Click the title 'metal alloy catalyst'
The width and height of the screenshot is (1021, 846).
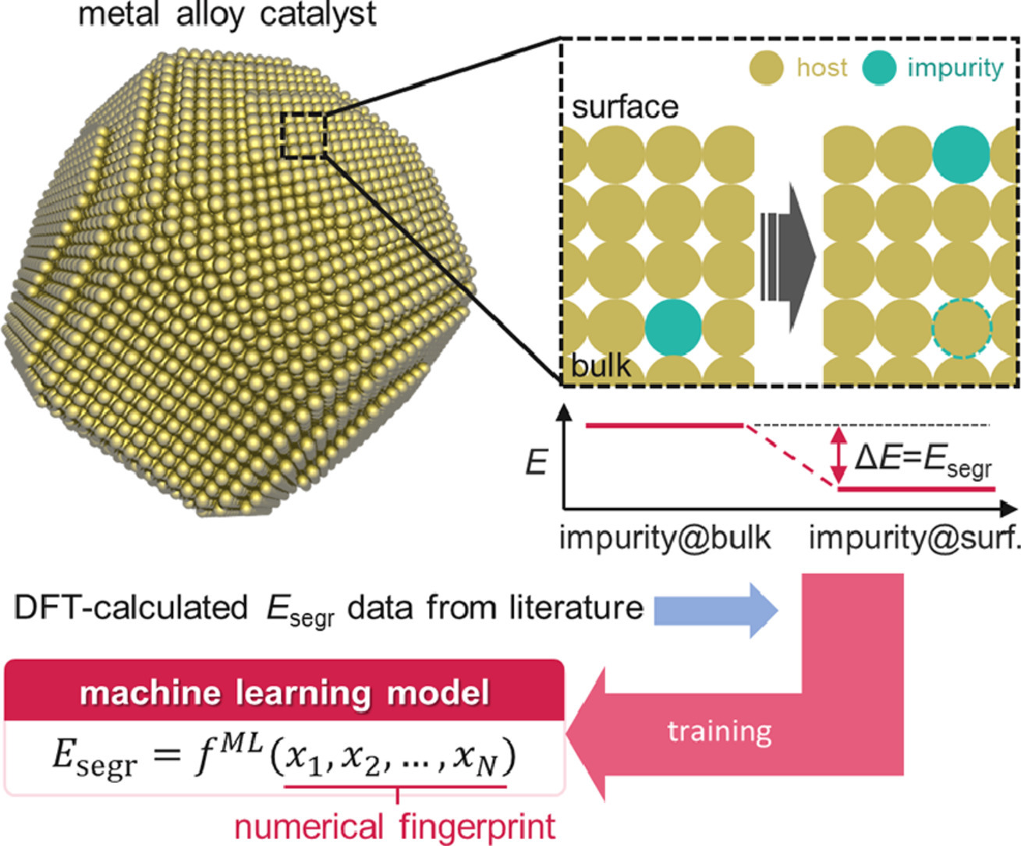[x=228, y=14]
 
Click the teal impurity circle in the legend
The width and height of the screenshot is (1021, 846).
[x=880, y=69]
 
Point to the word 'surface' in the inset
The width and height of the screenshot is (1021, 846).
[x=625, y=107]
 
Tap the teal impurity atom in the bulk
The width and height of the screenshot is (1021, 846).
[x=674, y=327]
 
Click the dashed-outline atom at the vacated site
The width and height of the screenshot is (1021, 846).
[x=961, y=329]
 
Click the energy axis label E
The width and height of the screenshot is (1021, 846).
[x=537, y=463]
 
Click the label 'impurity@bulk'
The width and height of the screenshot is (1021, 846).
[x=665, y=538]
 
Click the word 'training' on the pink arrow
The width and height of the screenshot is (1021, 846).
[x=719, y=731]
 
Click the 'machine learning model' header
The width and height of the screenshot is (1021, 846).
[x=284, y=692]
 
